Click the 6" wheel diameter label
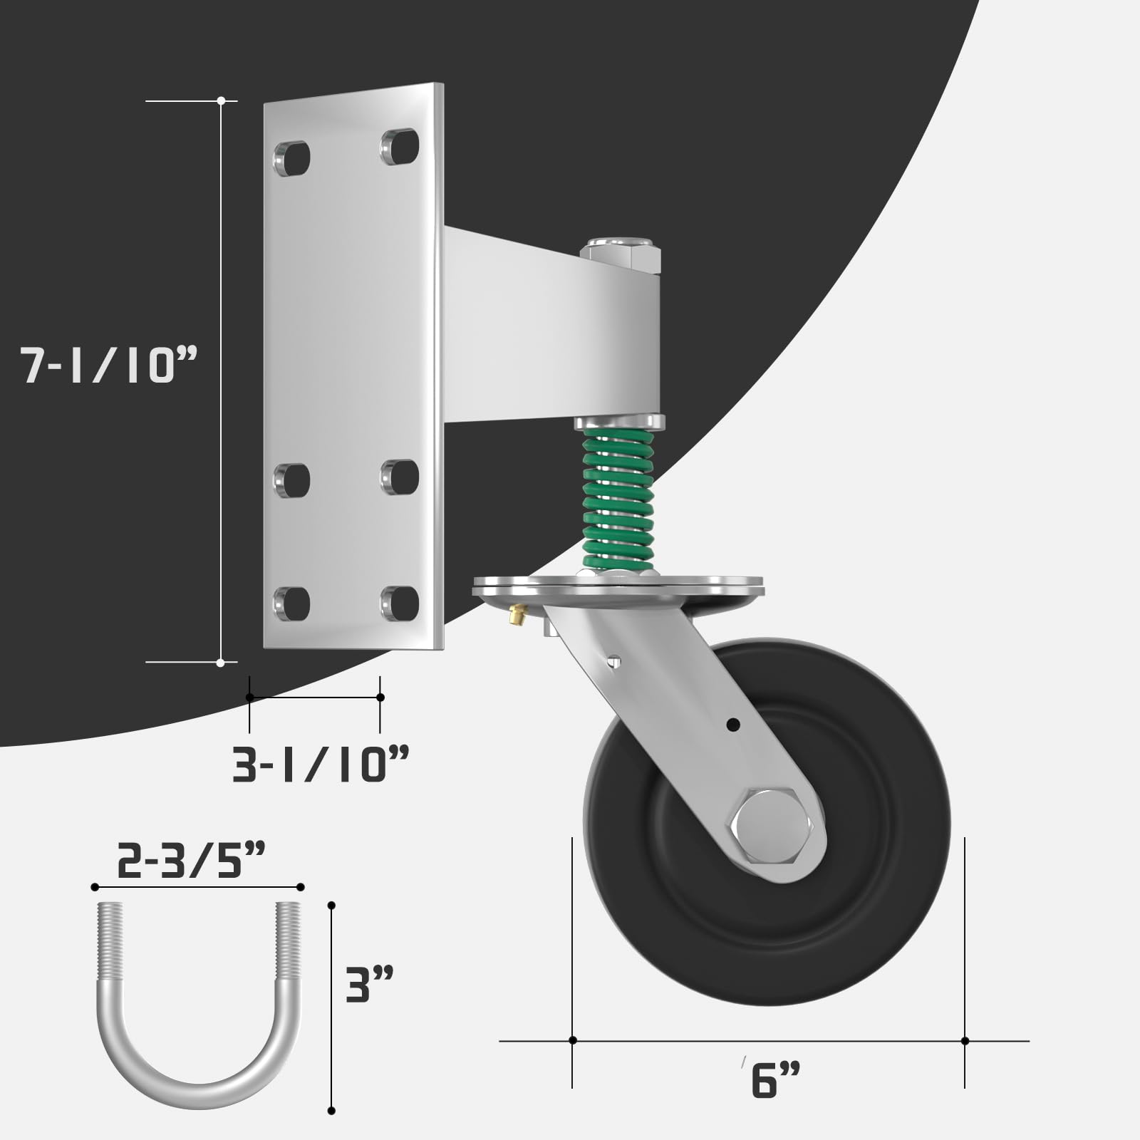[775, 1079]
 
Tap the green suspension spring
[618, 499]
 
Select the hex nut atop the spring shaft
[620, 255]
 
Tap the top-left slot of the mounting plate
[292, 159]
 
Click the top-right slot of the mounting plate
[400, 146]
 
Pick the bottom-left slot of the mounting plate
[292, 603]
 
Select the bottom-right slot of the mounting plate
[400, 602]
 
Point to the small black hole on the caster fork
[731, 725]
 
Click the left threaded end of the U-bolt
[111, 940]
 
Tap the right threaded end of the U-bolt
[289, 940]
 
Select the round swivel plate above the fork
[618, 589]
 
